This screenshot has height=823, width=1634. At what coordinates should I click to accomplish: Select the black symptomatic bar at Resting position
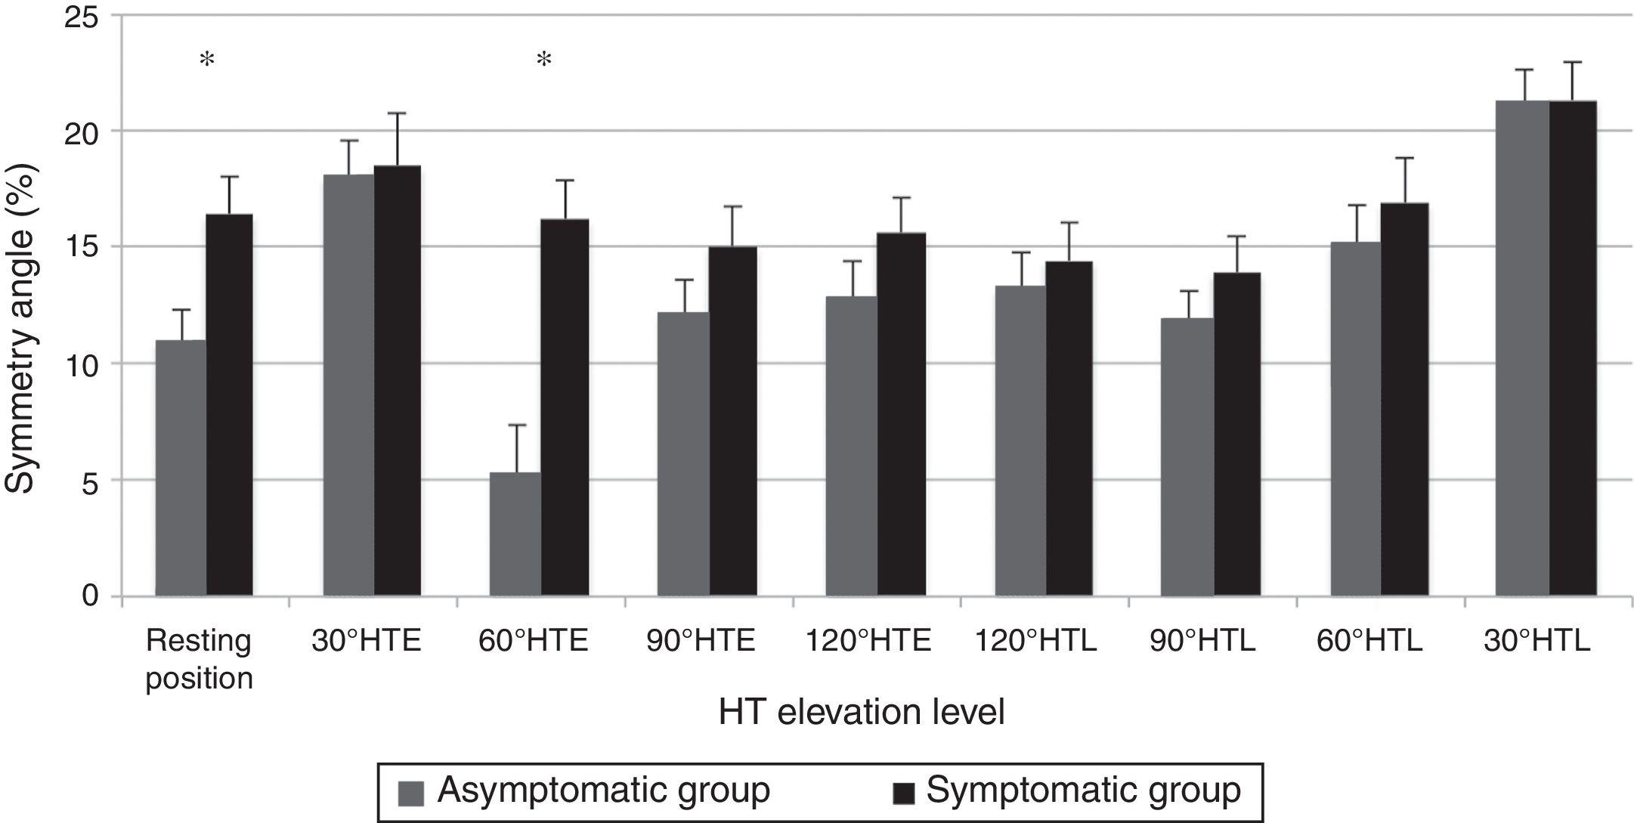click(229, 405)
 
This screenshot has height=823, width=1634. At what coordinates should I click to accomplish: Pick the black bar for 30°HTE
click(398, 380)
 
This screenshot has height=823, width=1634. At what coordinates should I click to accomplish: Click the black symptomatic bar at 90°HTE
click(732, 421)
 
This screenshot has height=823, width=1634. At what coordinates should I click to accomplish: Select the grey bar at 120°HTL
click(1020, 441)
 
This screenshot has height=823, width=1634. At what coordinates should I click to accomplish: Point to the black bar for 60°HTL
click(1404, 399)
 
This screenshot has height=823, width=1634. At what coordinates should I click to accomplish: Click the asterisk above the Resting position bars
click(206, 60)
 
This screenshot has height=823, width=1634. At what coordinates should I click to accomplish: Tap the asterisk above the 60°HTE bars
click(544, 60)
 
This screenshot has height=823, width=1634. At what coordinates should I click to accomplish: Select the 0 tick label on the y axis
click(90, 596)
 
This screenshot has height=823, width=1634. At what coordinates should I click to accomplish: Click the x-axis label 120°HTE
click(868, 641)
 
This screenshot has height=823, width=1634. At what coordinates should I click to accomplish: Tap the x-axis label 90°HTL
click(1202, 641)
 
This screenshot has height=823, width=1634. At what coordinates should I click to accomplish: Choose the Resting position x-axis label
click(199, 659)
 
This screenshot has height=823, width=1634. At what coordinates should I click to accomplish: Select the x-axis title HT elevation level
click(862, 712)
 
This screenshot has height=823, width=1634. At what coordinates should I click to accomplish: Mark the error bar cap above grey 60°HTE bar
click(516, 425)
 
